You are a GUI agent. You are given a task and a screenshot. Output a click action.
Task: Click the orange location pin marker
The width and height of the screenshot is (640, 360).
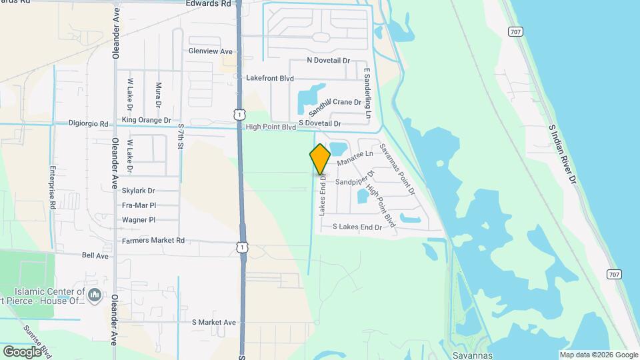point(320,159)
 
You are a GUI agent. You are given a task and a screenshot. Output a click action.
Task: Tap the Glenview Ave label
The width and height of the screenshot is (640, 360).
point(210,51)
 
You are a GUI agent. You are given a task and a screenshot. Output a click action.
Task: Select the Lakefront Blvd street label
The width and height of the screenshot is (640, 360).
point(270,78)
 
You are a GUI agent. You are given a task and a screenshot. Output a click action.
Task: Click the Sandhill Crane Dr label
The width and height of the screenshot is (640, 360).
point(335,104)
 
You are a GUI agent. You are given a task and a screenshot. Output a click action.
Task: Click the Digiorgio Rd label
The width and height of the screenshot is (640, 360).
point(89,123)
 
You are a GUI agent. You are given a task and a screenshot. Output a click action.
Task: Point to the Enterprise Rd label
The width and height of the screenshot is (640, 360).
point(51,189)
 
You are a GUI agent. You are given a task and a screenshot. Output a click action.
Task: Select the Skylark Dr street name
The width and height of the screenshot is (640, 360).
point(138,191)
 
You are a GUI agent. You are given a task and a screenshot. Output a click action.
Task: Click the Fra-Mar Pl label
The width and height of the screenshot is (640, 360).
point(139,205)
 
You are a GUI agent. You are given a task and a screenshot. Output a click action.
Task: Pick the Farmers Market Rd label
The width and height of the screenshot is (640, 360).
point(153,240)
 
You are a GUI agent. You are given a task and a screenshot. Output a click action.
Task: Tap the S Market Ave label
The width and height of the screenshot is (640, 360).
point(214,323)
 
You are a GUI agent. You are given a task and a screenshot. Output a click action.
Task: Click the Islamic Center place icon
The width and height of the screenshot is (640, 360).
point(95,294)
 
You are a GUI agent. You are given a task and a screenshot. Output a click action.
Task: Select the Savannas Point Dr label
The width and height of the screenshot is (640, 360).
point(397,169)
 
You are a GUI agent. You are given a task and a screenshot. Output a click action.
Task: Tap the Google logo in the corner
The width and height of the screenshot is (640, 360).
point(22,351)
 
